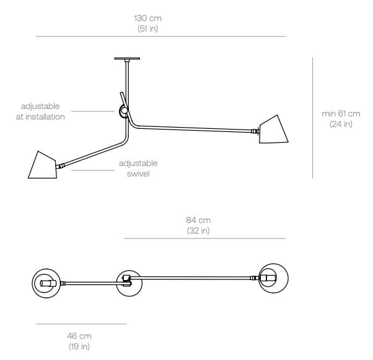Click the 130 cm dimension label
pyautogui.click(x=147, y=19)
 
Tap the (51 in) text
pyautogui.click(x=147, y=29)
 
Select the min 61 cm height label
pyautogui.click(x=341, y=113)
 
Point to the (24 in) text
pyautogui.click(x=341, y=124)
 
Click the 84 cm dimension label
pyautogui.click(x=198, y=220)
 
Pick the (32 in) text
pyautogui.click(x=198, y=230)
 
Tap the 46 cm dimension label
pyautogui.click(x=79, y=336)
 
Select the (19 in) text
pyautogui.click(x=79, y=346)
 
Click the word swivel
pyautogui.click(x=138, y=173)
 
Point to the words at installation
pyautogui.click(x=40, y=116)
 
